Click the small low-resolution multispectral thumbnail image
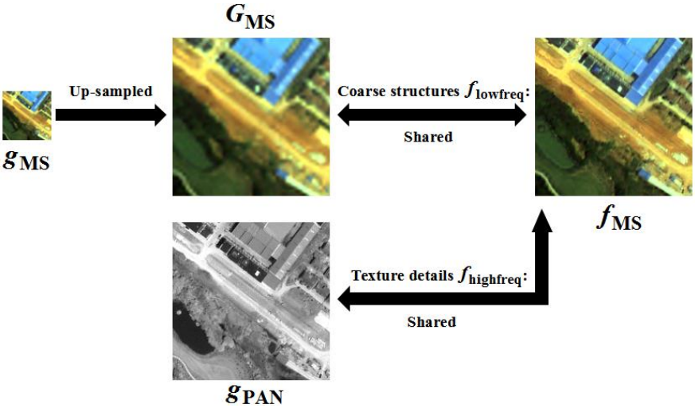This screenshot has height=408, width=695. pyautogui.click(x=27, y=115)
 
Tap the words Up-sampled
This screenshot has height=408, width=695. pyautogui.click(x=111, y=91)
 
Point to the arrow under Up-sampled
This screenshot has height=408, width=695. pyautogui.click(x=111, y=115)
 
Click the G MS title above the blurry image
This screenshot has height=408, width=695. pyautogui.click(x=251, y=17)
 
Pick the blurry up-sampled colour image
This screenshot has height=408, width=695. pyautogui.click(x=251, y=116)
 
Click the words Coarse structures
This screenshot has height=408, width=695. pyautogui.click(x=399, y=91)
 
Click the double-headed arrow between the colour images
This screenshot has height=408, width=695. pyautogui.click(x=432, y=115)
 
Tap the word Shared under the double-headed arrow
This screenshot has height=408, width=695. pyautogui.click(x=428, y=137)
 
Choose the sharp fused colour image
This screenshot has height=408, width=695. pyautogui.click(x=614, y=116)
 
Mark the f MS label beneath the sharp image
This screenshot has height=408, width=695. pyautogui.click(x=619, y=220)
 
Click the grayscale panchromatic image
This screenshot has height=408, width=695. pyautogui.click(x=251, y=301)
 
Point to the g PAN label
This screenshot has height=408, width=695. pyautogui.click(x=254, y=393)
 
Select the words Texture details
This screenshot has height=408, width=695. pyautogui.click(x=403, y=276)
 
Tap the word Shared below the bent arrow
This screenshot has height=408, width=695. pyautogui.click(x=431, y=321)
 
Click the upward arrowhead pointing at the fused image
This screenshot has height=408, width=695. pyautogui.click(x=541, y=220)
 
